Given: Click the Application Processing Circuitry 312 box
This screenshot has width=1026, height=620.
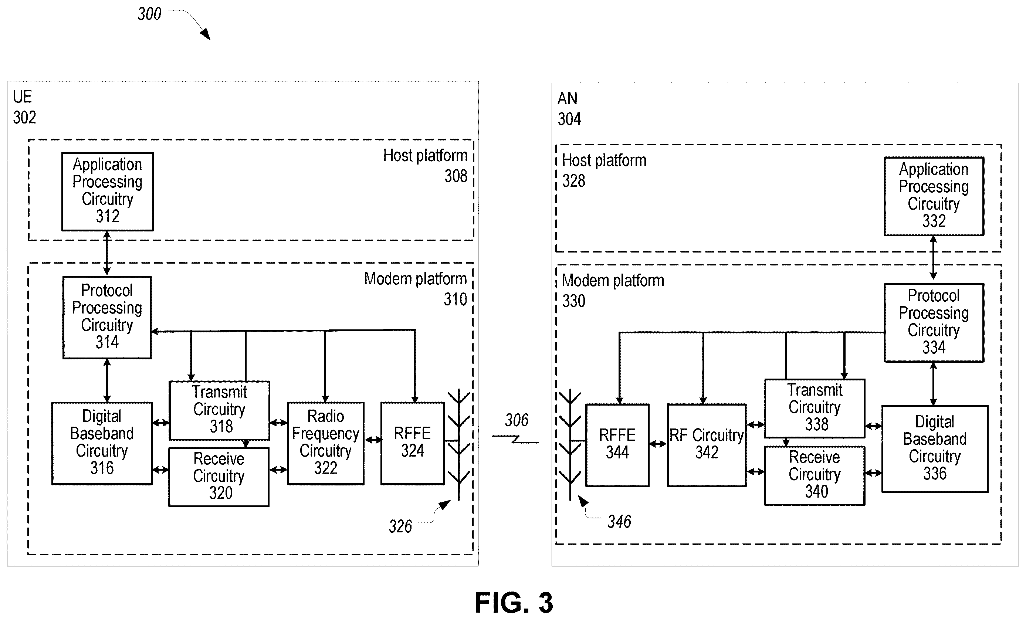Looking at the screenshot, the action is tap(108, 192).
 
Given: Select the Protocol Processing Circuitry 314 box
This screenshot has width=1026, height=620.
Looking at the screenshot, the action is tap(107, 317).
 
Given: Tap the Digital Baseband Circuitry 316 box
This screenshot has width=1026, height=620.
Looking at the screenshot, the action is tap(102, 443).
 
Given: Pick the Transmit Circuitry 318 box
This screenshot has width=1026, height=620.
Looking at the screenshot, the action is tap(220, 410).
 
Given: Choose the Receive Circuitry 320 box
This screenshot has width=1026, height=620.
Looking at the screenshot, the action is tap(219, 477).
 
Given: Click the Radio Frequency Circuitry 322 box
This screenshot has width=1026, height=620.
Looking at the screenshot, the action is tap(326, 443).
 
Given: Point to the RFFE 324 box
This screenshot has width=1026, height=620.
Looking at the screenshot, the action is tap(413, 443).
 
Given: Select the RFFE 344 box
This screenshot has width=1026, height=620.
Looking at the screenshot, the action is tap(617, 445).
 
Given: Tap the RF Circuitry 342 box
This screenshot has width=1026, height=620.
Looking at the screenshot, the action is tap(707, 445).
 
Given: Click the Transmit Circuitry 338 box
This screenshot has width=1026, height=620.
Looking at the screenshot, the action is tap(815, 408).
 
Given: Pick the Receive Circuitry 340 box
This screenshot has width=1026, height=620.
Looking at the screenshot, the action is tap(815, 475).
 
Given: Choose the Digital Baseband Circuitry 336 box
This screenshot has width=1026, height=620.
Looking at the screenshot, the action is tap(935, 448).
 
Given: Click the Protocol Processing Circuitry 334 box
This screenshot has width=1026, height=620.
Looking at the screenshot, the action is tap(934, 323).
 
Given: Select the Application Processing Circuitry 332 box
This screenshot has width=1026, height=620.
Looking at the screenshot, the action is tap(934, 196).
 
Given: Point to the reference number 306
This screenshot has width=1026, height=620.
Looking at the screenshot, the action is tap(517, 420).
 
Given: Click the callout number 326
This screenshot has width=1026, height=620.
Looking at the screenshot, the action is tap(400, 526).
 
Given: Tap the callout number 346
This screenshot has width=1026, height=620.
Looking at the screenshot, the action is tap(619, 521).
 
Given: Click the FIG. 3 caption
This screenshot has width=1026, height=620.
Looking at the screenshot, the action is tap(514, 603).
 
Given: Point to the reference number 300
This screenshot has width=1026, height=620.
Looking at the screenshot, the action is tap(149, 14).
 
